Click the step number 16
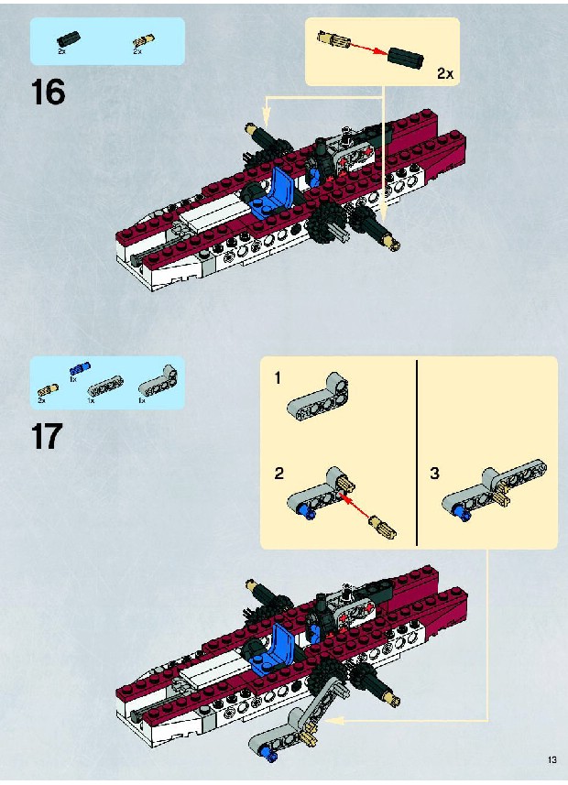[x=48, y=93]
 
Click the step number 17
[x=47, y=436]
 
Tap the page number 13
[x=552, y=759]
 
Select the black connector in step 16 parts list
[x=68, y=39]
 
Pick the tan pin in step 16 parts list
[x=144, y=42]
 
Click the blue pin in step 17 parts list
[x=80, y=368]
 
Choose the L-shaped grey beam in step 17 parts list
[x=158, y=383]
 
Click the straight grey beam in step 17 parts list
[x=105, y=388]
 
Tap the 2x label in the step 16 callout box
[x=445, y=73]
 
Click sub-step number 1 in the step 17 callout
[x=278, y=378]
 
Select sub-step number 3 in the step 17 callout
[x=434, y=473]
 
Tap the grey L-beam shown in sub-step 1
[x=318, y=396]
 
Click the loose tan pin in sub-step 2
[x=383, y=528]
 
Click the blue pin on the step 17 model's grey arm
[x=271, y=757]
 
